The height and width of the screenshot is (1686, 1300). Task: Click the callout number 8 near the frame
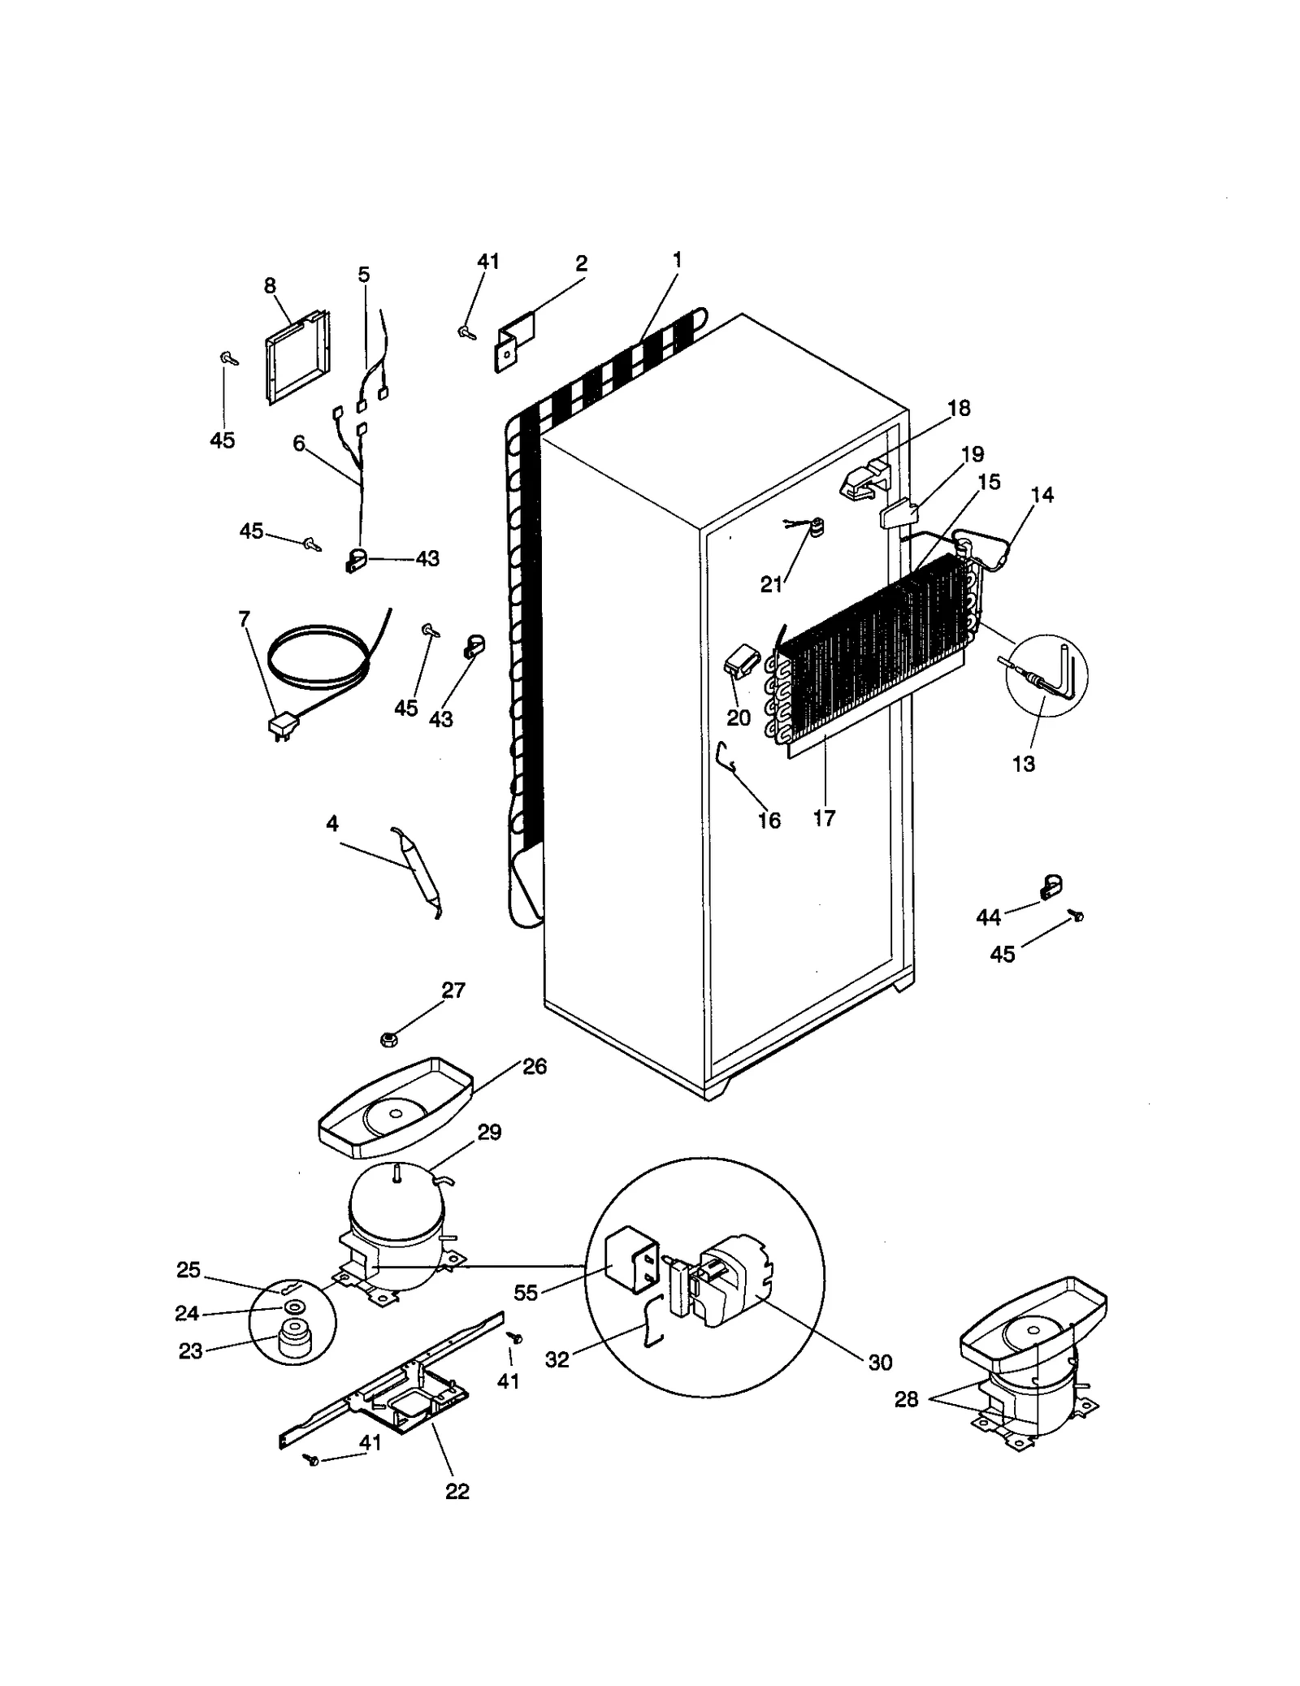(x=270, y=285)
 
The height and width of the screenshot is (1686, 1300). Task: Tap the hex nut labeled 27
(x=388, y=1038)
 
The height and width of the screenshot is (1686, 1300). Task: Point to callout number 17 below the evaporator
(x=824, y=818)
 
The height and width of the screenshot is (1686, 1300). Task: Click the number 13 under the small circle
(x=1024, y=764)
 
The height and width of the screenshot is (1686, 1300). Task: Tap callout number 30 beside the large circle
(x=880, y=1363)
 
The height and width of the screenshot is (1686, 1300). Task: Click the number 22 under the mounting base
(x=457, y=1492)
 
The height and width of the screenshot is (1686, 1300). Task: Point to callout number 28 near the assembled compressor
(x=906, y=1399)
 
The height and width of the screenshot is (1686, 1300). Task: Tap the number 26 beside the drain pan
(x=535, y=1067)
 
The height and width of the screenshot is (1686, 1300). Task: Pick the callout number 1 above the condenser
(x=677, y=261)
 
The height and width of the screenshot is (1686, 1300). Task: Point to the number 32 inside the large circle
(x=557, y=1359)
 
